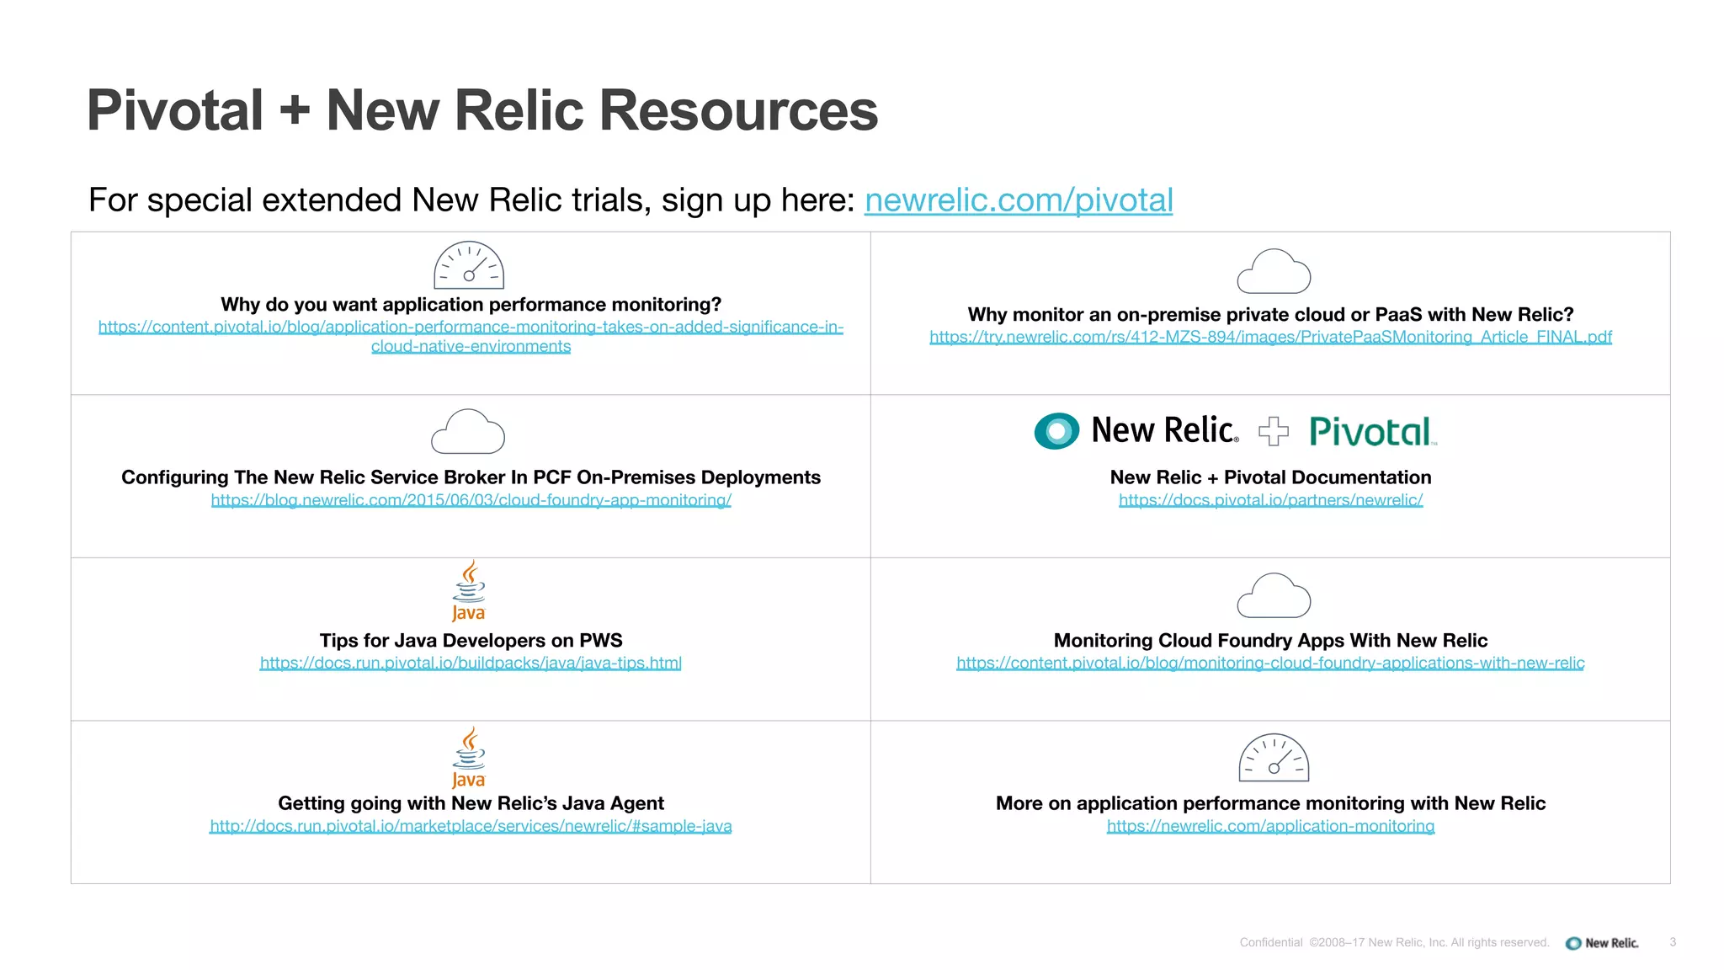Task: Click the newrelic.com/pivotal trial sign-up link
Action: [x=1018, y=200]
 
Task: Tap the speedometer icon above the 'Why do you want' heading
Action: [x=469, y=265]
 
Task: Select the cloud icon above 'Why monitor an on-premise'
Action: [x=1274, y=271]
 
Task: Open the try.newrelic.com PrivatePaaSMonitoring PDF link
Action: [x=1270, y=337]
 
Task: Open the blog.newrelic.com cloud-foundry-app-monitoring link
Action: [x=471, y=500]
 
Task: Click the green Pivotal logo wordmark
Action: [x=1370, y=432]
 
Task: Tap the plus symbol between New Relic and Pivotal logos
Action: [x=1273, y=431]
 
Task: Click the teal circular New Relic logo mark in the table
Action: [x=1056, y=431]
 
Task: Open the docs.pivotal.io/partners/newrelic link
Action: [x=1270, y=500]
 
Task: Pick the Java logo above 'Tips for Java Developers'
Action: [x=469, y=591]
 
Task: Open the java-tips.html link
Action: [x=471, y=664]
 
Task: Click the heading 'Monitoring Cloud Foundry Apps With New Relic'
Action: [x=1270, y=641]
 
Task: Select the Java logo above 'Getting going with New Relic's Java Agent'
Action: [x=469, y=757]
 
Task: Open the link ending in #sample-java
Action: [x=471, y=826]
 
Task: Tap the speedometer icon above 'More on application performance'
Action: [x=1274, y=758]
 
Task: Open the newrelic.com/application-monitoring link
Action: [x=1270, y=826]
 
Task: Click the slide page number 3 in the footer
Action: [x=1673, y=942]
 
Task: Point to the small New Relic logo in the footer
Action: [x=1602, y=943]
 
